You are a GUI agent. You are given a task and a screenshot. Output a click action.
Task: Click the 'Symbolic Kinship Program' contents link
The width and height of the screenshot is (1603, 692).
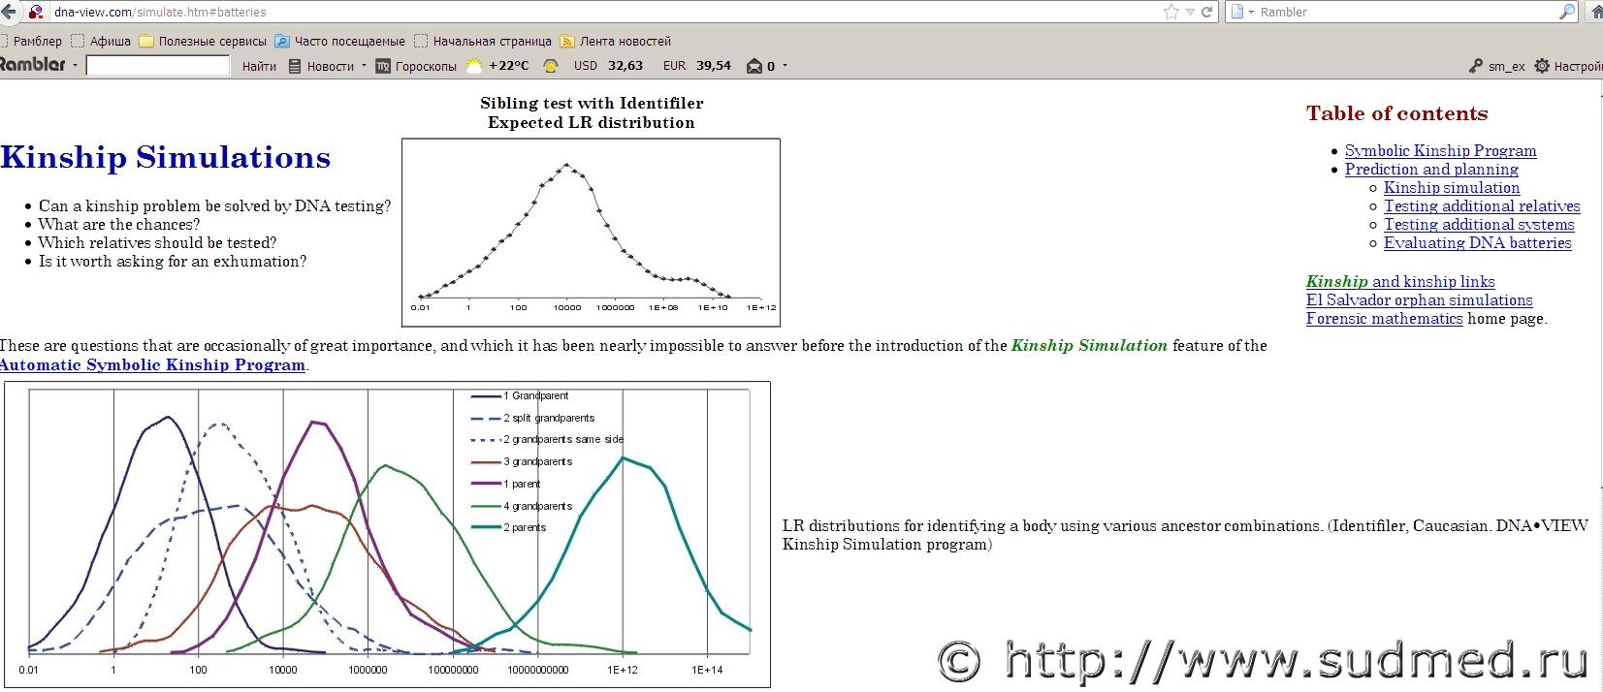click(1440, 151)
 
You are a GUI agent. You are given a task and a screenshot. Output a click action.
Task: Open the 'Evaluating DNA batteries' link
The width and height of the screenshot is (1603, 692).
click(1477, 243)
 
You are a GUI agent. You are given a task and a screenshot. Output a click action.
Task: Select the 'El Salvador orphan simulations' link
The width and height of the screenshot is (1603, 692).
click(1419, 300)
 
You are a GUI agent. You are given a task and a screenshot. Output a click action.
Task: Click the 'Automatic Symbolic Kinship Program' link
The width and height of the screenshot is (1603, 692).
click(152, 364)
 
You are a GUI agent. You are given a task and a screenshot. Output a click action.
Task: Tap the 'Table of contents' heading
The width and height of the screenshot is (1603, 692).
click(1396, 113)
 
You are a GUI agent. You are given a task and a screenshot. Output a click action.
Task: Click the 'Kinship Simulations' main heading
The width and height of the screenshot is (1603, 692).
click(165, 157)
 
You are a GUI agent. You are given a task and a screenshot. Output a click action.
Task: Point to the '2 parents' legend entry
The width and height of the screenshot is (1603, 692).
click(525, 527)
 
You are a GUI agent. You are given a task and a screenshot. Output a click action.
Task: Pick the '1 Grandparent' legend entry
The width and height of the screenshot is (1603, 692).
click(536, 396)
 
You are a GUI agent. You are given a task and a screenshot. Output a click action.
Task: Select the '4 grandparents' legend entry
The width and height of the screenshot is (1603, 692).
click(537, 506)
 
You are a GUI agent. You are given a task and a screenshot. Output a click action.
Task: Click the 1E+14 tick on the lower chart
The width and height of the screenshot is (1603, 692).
click(707, 670)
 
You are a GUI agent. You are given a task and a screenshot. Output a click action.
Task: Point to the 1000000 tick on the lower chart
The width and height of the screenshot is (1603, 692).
click(368, 670)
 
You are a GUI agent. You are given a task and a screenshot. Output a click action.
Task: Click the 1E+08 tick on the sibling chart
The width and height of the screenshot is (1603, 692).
click(663, 307)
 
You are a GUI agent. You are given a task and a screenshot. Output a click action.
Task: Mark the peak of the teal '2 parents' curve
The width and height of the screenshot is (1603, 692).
click(623, 457)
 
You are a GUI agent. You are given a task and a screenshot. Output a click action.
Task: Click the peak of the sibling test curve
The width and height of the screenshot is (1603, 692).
click(566, 165)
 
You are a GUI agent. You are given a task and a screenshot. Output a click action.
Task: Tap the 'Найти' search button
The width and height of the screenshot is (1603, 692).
click(259, 67)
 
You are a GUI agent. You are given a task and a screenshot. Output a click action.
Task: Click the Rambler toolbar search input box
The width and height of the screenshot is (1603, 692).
click(157, 66)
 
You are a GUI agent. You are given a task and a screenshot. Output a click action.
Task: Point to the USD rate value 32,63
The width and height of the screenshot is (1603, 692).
click(625, 66)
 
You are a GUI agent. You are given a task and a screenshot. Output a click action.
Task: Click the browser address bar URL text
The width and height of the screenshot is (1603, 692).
click(160, 13)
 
